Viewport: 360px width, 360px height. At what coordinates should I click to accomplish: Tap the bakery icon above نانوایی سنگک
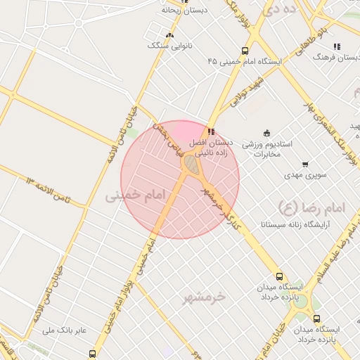tap(169, 34)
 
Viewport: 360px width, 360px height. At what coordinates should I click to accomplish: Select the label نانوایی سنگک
tap(169, 45)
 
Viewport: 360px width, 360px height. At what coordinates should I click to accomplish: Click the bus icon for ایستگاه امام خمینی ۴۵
tap(244, 51)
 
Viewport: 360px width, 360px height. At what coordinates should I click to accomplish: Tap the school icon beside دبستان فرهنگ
tap(337, 46)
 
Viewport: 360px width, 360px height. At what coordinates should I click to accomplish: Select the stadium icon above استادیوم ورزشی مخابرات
tap(266, 132)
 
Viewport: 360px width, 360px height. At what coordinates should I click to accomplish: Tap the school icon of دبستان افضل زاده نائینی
tap(211, 131)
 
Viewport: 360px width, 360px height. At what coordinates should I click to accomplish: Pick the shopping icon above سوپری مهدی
tap(304, 164)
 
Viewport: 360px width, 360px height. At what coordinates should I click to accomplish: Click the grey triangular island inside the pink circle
tap(191, 164)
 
